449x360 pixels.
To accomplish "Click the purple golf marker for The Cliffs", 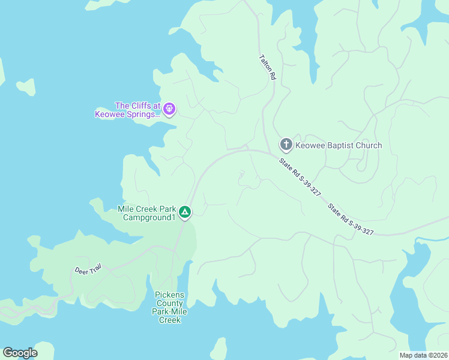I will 169,108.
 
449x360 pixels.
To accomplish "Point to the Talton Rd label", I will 267,68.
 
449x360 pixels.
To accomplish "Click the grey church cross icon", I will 286,144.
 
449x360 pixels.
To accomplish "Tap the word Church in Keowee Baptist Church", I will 369,145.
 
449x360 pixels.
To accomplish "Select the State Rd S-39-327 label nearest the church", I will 300,177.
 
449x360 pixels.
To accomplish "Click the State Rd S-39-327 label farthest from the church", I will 351,219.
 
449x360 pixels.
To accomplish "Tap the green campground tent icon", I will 185,212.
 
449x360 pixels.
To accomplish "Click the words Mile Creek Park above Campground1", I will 146,209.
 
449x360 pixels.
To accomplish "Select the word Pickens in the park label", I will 169,295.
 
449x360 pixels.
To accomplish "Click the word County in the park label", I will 169,303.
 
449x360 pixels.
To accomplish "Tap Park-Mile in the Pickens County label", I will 169,311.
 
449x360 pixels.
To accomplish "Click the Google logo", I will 20,353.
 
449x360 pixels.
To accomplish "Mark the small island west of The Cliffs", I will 26,86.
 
